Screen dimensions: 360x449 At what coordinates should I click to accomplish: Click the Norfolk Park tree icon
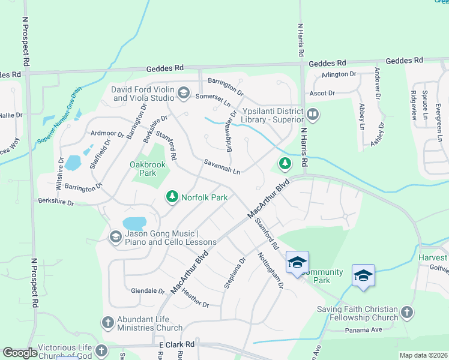pyautogui.click(x=172, y=196)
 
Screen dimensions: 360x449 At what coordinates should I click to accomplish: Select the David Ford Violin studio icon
pyautogui.click(x=184, y=93)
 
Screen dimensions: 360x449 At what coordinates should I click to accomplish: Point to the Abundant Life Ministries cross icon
pyautogui.click(x=108, y=323)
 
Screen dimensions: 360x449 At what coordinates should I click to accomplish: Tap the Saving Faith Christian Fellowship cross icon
pyautogui.click(x=406, y=313)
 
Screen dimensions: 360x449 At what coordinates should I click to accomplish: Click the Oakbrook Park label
pyautogui.click(x=143, y=169)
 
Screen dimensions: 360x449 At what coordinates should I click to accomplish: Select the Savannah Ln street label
pyautogui.click(x=222, y=167)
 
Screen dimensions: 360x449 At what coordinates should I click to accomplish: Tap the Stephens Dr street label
pyautogui.click(x=235, y=273)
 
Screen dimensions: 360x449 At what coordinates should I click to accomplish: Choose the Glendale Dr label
pyautogui.click(x=148, y=291)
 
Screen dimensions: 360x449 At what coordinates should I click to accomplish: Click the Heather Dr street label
pyautogui.click(x=195, y=296)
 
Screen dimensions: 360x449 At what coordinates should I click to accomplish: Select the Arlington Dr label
pyautogui.click(x=339, y=74)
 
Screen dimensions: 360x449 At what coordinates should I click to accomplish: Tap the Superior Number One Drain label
pyautogui.click(x=59, y=115)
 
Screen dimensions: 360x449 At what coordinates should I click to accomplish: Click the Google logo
pyautogui.click(x=20, y=353)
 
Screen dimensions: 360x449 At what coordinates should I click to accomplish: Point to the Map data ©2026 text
pyautogui.click(x=423, y=355)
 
